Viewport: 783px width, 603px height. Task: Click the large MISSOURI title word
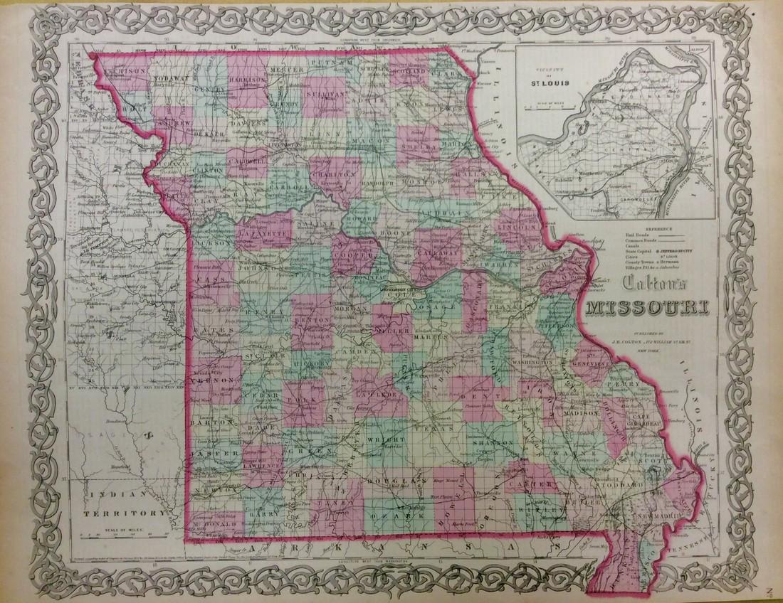coord(642,309)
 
